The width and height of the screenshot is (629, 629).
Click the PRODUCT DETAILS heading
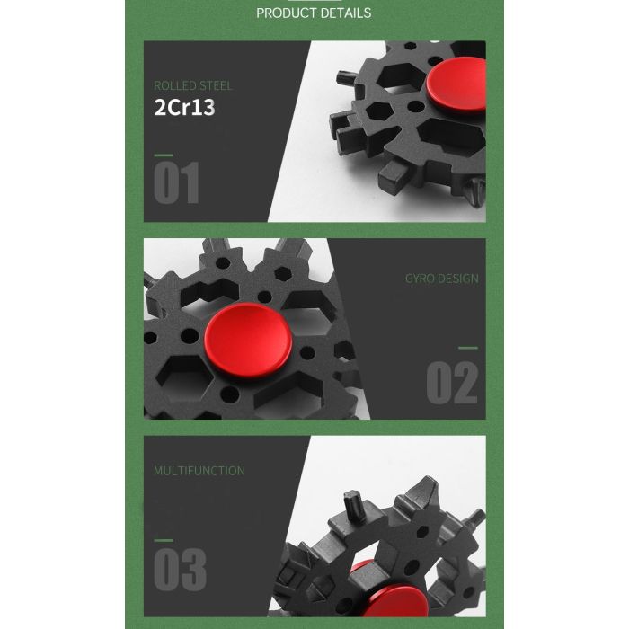tap(314, 13)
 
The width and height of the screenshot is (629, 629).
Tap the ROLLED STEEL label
tap(193, 86)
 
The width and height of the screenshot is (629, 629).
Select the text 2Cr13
tap(184, 108)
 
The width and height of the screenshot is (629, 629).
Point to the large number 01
tap(176, 183)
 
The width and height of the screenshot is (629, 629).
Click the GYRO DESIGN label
tap(442, 279)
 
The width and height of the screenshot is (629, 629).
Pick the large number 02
tap(452, 383)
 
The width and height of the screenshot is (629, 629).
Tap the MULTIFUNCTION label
tap(199, 471)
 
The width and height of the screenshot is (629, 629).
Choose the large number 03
tap(180, 570)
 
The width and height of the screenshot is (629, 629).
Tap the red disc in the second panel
tap(248, 341)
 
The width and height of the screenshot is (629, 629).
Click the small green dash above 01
tap(164, 155)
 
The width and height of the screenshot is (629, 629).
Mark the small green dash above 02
tap(468, 348)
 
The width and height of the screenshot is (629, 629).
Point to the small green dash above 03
tap(164, 540)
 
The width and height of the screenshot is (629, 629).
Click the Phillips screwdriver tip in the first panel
tap(477, 191)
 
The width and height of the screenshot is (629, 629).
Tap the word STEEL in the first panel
tap(216, 86)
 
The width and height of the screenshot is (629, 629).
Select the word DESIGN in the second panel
tap(457, 279)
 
